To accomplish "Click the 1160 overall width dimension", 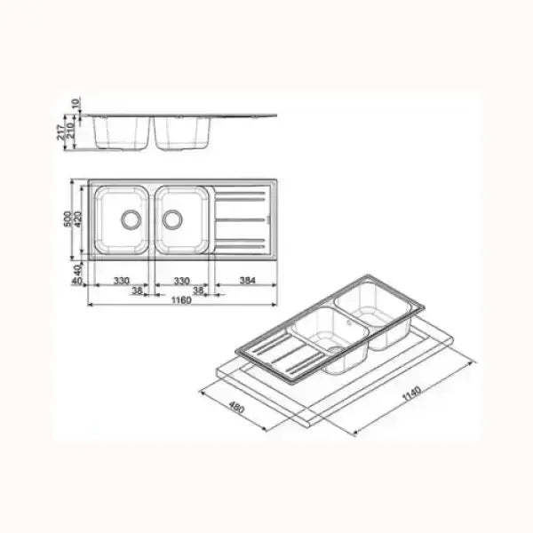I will point(181,300).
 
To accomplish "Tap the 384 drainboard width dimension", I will point(248,281).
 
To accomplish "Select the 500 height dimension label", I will point(67,218).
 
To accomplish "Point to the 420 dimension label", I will point(77,218).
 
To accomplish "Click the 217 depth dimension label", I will point(60,131).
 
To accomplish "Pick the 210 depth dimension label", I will point(71,131).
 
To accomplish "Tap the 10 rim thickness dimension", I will point(78,104).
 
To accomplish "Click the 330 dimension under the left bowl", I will point(122,281).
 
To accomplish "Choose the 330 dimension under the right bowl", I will point(181,281).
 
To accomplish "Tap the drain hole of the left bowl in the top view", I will point(131,218).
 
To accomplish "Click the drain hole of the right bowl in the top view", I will point(171,218).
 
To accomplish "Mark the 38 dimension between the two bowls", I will point(138,290).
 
